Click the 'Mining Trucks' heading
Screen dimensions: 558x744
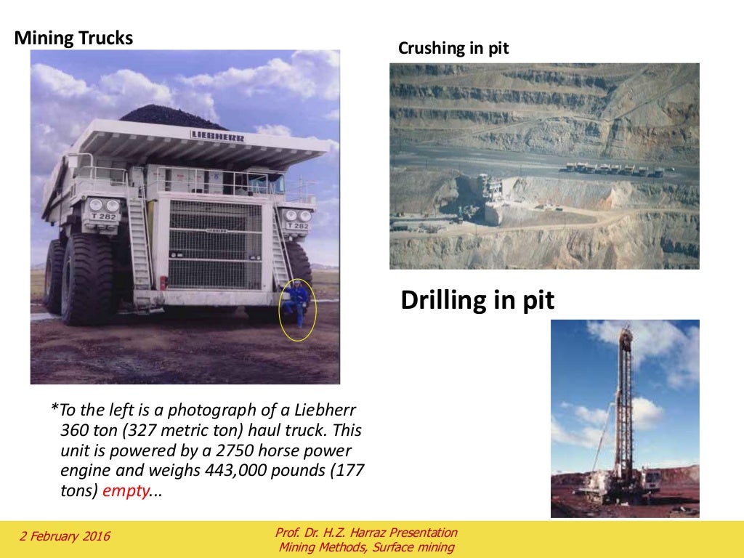73,38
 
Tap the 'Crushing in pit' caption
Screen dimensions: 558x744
453,49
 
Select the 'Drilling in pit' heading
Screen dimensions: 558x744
477,300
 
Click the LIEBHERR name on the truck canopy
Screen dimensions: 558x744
217,135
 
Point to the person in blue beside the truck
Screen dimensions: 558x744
297,304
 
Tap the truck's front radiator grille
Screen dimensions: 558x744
214,245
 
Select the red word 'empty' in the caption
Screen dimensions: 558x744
125,490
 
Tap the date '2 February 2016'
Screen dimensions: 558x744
65,537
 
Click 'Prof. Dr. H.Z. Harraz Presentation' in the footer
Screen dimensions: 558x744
366,533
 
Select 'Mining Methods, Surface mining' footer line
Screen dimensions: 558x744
366,547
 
